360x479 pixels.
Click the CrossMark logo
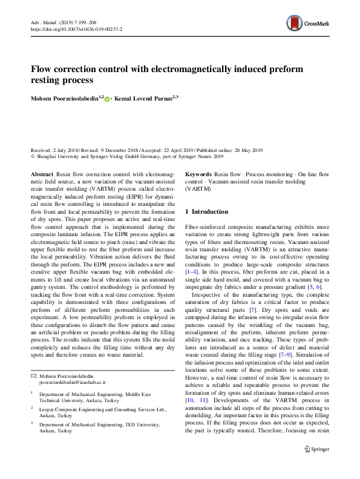(309, 24)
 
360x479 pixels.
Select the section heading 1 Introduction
(206, 212)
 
